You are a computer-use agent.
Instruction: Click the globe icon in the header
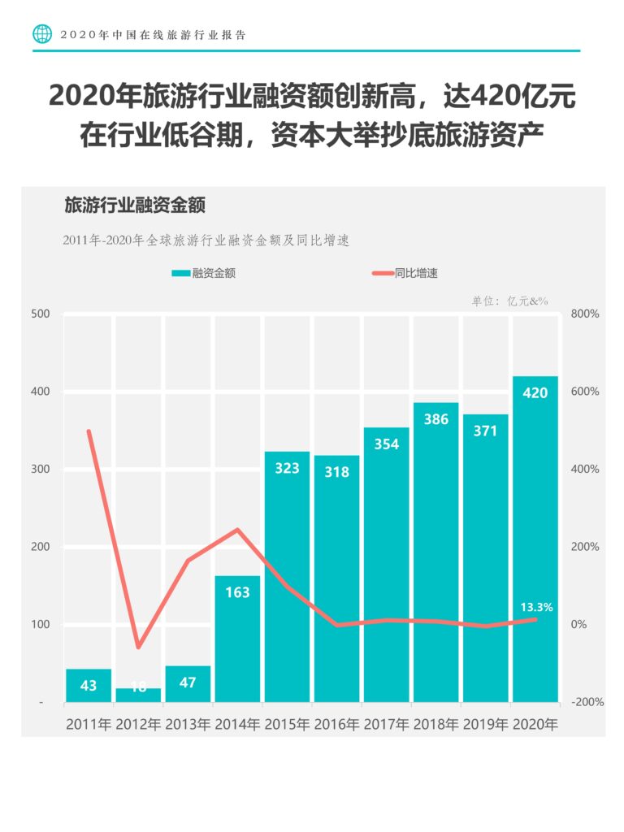(x=42, y=34)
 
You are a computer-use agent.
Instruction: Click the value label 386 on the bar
(x=436, y=420)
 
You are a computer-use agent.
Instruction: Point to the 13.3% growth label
(x=536, y=606)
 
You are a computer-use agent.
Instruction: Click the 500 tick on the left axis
(x=41, y=314)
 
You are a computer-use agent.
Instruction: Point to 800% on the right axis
(x=584, y=314)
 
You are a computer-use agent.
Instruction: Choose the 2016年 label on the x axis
(x=337, y=724)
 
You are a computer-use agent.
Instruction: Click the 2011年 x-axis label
(x=89, y=724)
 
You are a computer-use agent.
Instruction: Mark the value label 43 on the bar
(x=89, y=686)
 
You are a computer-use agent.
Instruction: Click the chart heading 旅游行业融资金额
(x=135, y=205)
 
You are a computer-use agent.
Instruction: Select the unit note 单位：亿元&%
(x=510, y=301)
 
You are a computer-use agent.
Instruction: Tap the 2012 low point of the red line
(x=138, y=647)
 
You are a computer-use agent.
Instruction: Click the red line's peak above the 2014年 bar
(x=237, y=530)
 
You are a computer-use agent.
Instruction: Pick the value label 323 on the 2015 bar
(x=287, y=468)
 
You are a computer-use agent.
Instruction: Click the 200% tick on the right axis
(x=584, y=547)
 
